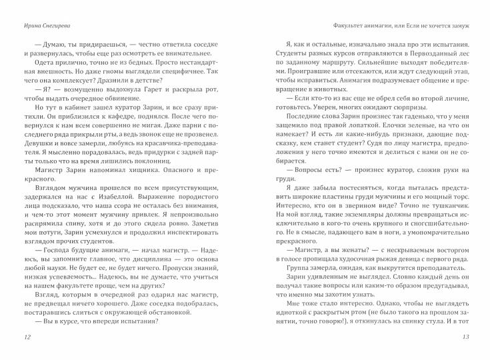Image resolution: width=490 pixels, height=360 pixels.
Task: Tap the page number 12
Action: pyautogui.click(x=27, y=337)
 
